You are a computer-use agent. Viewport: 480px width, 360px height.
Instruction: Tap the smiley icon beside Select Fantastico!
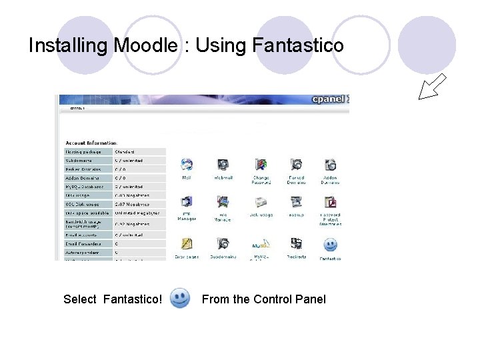180,298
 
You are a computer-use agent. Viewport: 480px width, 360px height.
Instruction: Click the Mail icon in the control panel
187,165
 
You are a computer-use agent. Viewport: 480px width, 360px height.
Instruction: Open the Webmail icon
223,165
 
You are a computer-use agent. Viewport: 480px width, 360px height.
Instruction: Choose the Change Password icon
261,165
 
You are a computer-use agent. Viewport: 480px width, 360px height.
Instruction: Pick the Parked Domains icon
296,165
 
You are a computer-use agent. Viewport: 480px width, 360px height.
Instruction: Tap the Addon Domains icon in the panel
329,165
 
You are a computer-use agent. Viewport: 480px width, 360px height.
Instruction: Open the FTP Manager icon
187,202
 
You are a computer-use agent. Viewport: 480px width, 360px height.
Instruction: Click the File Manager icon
223,202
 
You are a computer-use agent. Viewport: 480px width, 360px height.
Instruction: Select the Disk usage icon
261,202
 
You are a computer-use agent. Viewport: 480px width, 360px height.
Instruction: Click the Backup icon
296,202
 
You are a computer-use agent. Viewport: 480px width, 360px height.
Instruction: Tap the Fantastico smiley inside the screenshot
330,245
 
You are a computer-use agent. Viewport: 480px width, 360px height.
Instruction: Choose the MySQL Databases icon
261,244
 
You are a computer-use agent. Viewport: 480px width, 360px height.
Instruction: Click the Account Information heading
91,143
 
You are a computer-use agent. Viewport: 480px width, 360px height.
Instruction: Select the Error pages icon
187,244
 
